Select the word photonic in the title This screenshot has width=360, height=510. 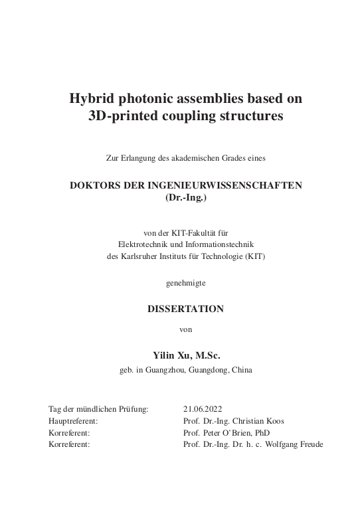[146, 99]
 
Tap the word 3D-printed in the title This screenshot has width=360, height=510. [123, 116]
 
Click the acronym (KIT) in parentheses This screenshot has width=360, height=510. [255, 257]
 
